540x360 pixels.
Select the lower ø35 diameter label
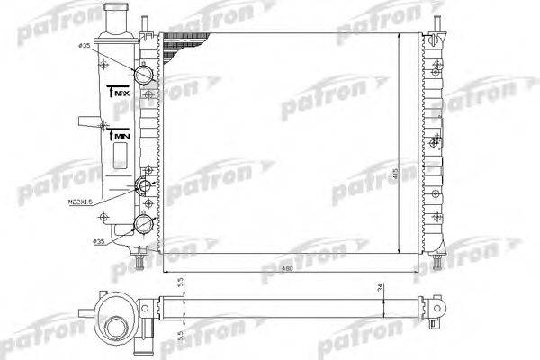98,241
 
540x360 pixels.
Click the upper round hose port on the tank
144,73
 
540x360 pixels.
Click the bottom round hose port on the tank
142,224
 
